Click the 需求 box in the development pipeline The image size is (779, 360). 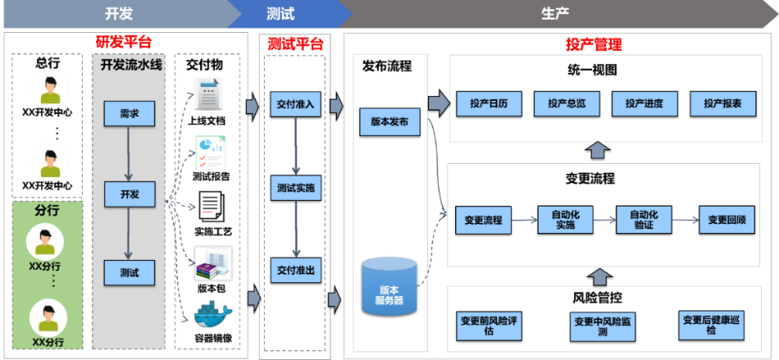pyautogui.click(x=129, y=113)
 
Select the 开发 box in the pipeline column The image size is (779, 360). pyautogui.click(x=129, y=194)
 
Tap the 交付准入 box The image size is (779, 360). pyautogui.click(x=295, y=105)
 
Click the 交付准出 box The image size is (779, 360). pyautogui.click(x=295, y=269)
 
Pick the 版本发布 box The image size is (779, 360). pyautogui.click(x=389, y=122)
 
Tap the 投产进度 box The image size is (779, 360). pyautogui.click(x=644, y=103)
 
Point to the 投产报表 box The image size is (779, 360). pyautogui.click(x=722, y=103)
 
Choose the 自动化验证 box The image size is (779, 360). pyautogui.click(x=643, y=220)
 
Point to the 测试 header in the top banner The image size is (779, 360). pyautogui.click(x=280, y=13)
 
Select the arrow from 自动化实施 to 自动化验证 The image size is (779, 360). pyautogui.click(x=604, y=220)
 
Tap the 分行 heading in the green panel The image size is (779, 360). pyautogui.click(x=46, y=210)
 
